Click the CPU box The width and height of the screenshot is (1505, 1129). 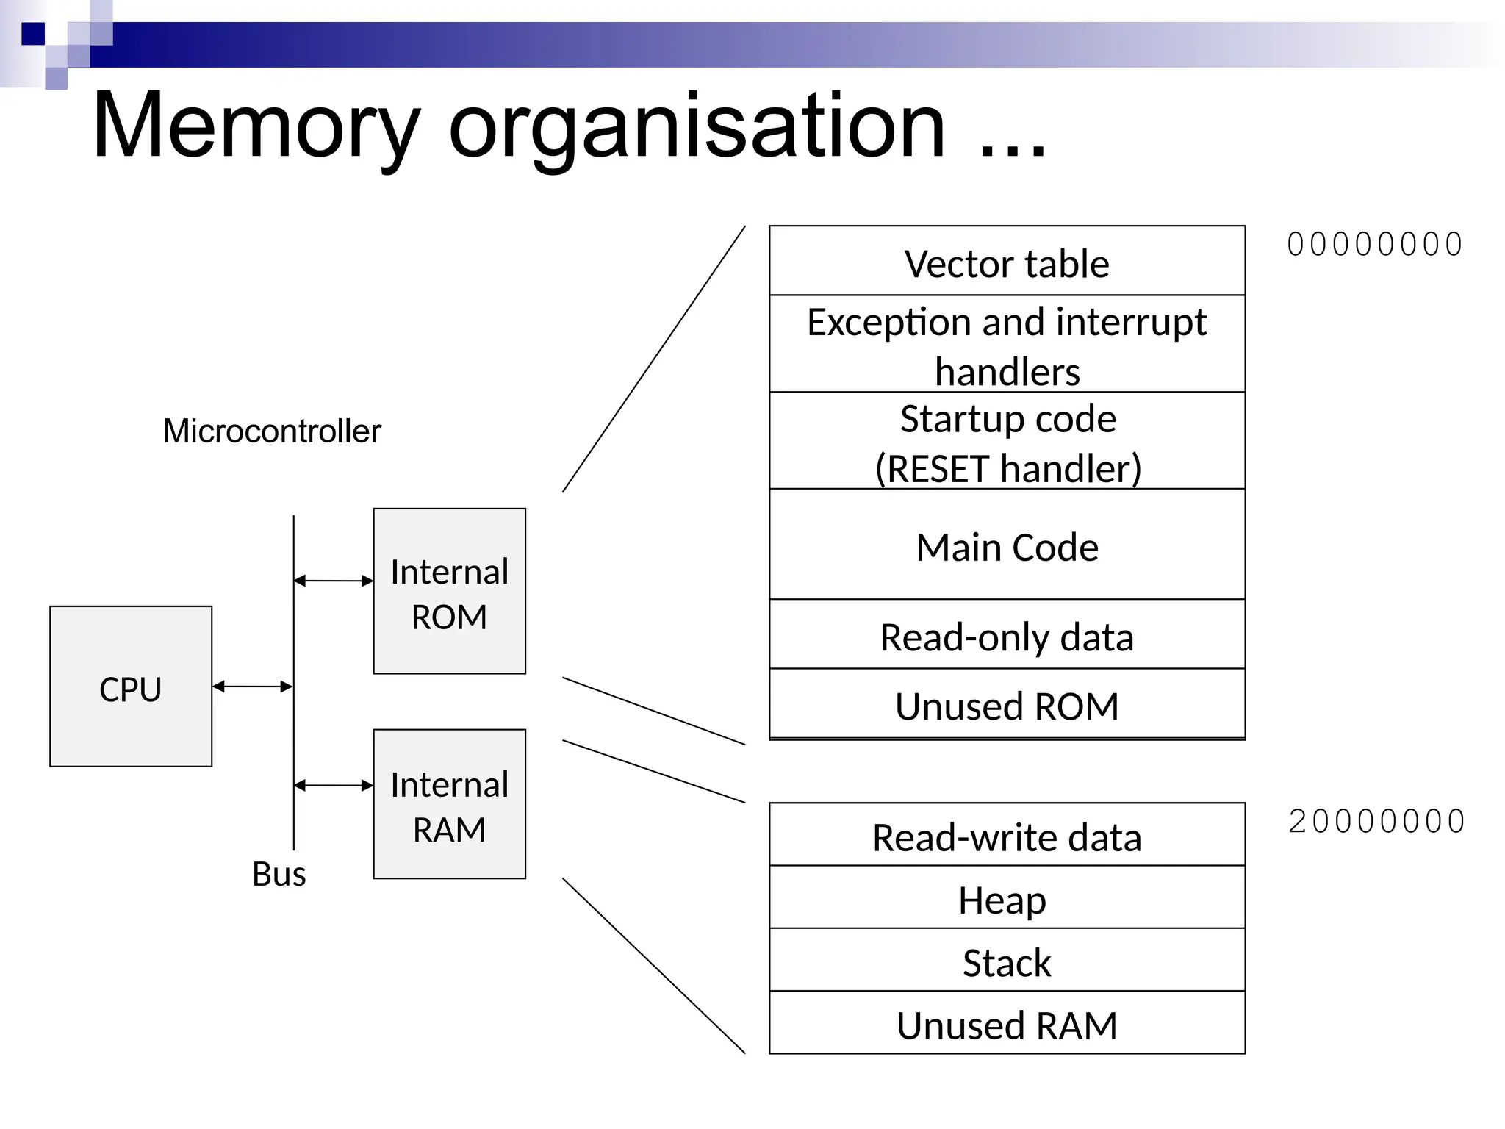pyautogui.click(x=131, y=687)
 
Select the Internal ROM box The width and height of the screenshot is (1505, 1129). pyautogui.click(x=449, y=591)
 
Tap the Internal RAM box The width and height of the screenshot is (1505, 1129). pyautogui.click(x=449, y=803)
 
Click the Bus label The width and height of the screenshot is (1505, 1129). pyautogui.click(x=279, y=874)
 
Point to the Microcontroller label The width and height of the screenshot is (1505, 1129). pyautogui.click(x=272, y=431)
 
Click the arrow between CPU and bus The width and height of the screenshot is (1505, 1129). pyautogui.click(x=252, y=687)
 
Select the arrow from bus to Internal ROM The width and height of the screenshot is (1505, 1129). pyautogui.click(x=333, y=581)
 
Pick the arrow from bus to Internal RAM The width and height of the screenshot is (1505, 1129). pyautogui.click(x=333, y=785)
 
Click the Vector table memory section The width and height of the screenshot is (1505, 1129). pyautogui.click(x=1007, y=262)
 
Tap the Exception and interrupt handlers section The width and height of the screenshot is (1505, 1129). pyautogui.click(x=1007, y=344)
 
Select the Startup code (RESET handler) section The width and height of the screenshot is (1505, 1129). pyautogui.click(x=1007, y=441)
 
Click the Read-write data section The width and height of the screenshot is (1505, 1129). pyautogui.click(x=1007, y=836)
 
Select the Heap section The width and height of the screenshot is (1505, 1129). pyautogui.click(x=1007, y=898)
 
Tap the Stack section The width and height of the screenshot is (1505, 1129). pyautogui.click(x=1007, y=961)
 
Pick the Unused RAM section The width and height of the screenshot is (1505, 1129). pyautogui.click(x=1007, y=1023)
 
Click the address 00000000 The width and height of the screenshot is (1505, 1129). pyautogui.click(x=1374, y=245)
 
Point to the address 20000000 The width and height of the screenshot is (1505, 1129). pyautogui.click(x=1376, y=822)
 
